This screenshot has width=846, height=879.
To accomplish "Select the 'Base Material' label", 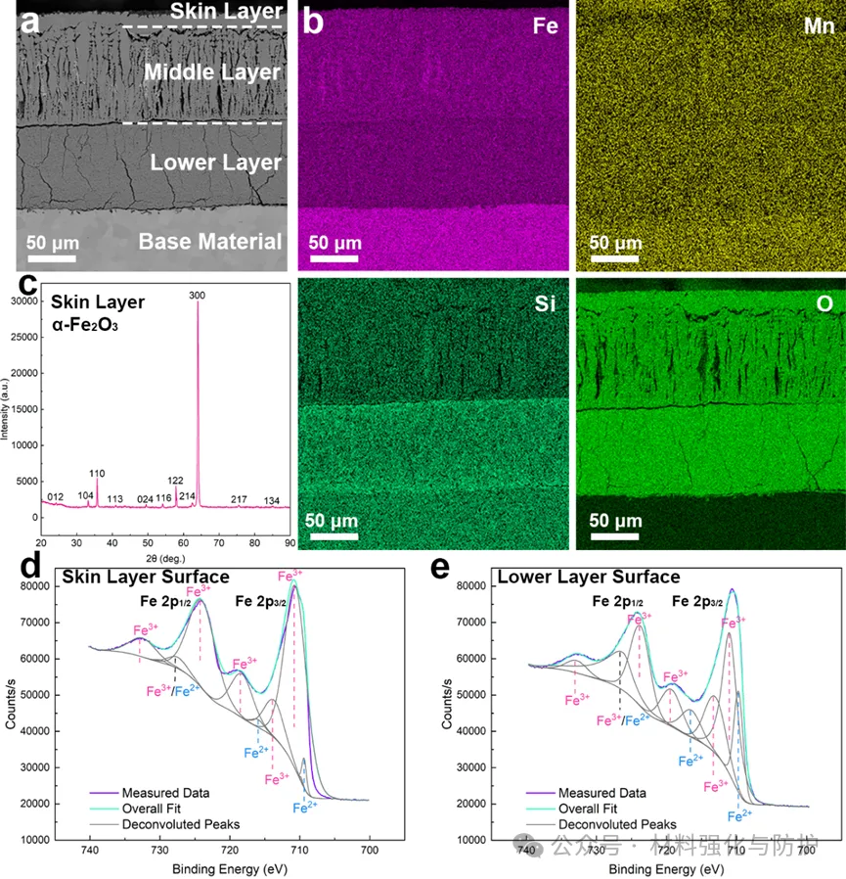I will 210,241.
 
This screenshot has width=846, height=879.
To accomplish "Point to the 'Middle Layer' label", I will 212,72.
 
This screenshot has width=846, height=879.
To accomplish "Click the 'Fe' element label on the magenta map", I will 546,26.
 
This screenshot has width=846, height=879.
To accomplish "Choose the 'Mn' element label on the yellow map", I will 818,26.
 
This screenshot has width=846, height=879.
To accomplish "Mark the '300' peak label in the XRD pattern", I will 199,295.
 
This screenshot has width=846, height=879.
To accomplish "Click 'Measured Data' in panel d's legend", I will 164,792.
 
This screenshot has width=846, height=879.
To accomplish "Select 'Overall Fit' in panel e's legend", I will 588,809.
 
